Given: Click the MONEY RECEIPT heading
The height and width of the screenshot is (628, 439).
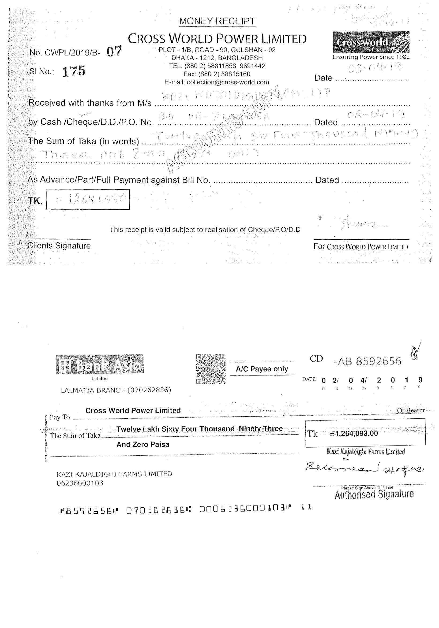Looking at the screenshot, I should pos(217,21).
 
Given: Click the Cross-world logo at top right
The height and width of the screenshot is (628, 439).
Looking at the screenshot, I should pos(371,42).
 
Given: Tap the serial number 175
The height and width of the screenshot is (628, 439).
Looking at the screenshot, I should pos(74,71).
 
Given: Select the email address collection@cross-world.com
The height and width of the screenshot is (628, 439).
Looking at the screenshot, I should pos(217,82).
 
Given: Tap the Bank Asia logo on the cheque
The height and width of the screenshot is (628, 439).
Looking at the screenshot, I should pos(99,364).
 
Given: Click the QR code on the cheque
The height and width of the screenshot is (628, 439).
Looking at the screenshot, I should pos(211,369).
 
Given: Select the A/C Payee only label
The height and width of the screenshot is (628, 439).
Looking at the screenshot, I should pos(262,369).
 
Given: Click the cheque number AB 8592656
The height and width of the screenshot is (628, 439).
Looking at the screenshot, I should pos(368,361).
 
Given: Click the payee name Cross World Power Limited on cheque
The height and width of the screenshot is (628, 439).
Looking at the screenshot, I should pos(133,410).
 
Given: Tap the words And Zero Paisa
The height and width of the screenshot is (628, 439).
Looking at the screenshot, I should pos(143,444).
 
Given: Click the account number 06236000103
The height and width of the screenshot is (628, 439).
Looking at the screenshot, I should pos(80,483).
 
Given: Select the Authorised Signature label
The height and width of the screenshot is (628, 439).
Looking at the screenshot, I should pos(374,494).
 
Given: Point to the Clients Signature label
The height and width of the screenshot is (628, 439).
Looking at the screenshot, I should pos(59,246).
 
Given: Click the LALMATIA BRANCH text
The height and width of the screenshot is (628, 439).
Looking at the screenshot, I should pos(116,390).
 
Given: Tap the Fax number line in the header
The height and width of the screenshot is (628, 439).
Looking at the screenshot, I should pos(217,74).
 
